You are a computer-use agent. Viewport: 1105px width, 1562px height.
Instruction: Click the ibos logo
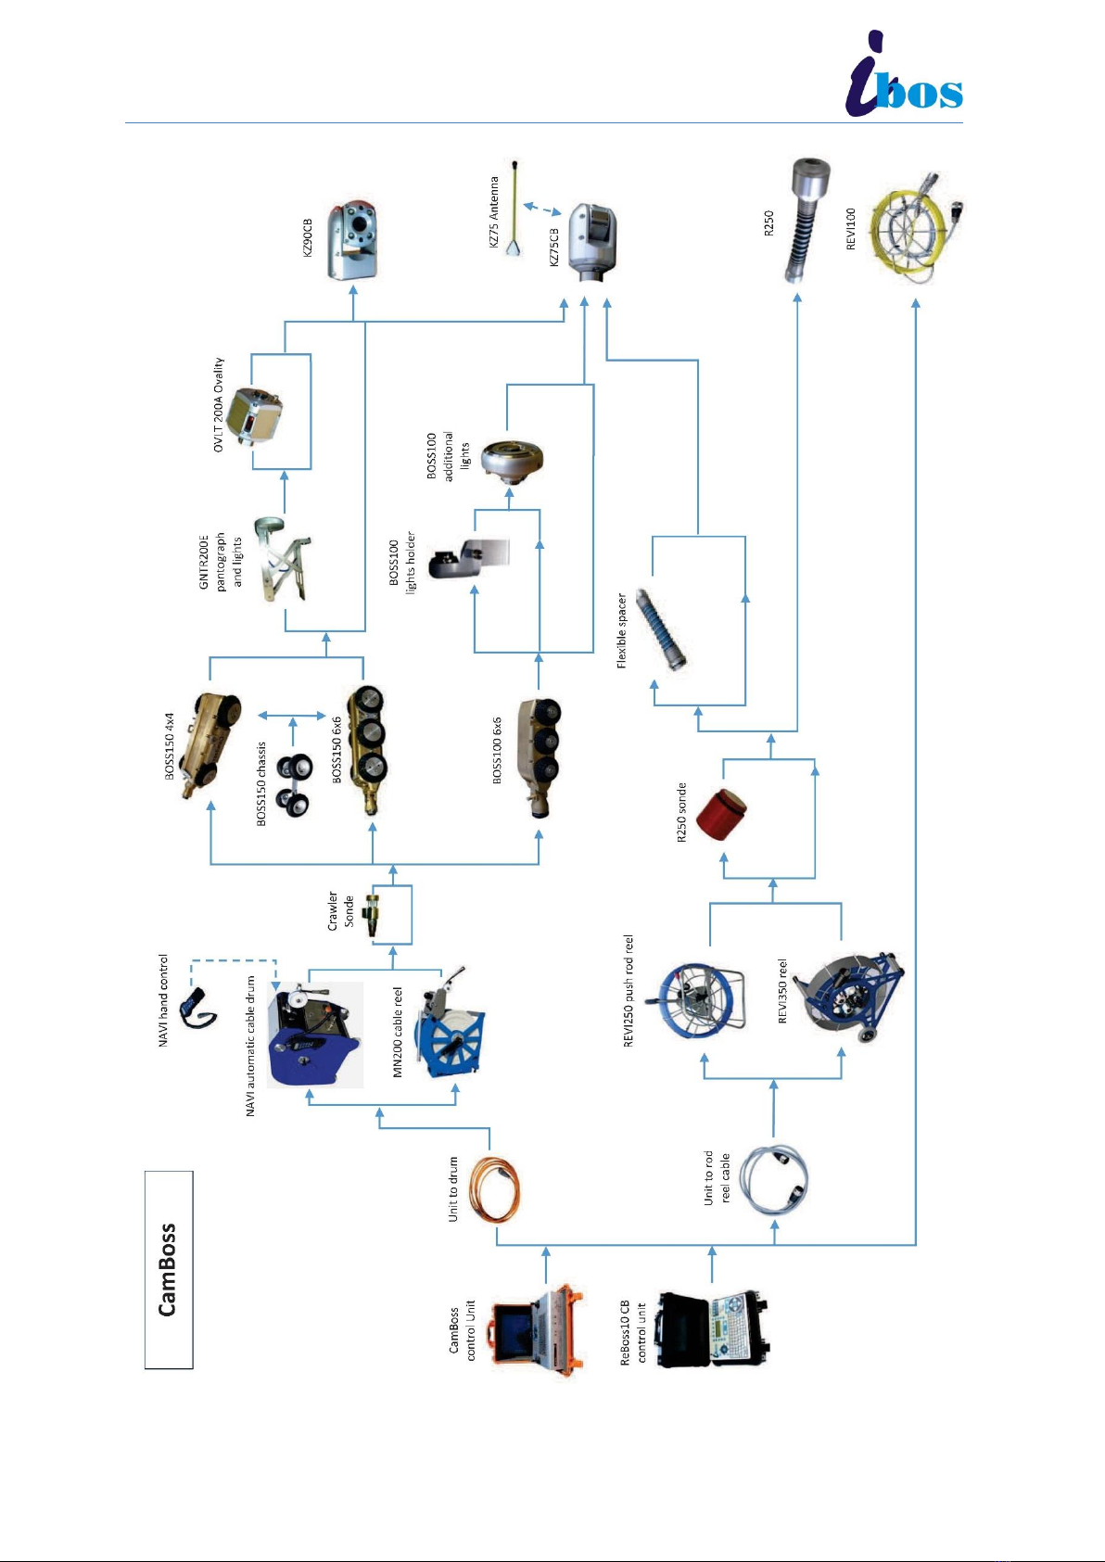[x=904, y=74]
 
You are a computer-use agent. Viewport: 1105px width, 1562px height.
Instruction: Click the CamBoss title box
[x=169, y=1270]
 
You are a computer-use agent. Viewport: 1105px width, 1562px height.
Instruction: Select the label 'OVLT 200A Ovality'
[x=219, y=404]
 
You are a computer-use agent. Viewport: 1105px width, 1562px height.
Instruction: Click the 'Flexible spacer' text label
[x=622, y=631]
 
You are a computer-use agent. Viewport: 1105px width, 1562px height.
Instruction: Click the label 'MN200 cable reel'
[x=398, y=1032]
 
